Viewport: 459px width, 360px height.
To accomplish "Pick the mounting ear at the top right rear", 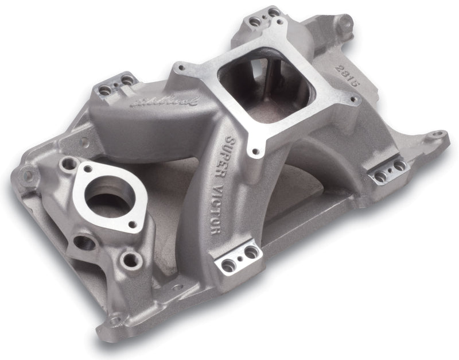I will [347, 24].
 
